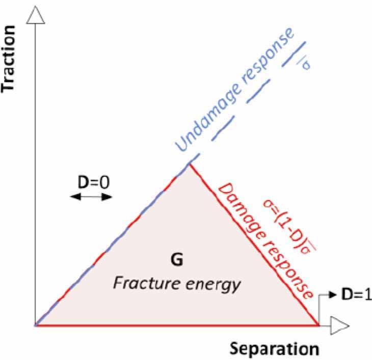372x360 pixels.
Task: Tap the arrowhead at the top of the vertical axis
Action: coord(35,14)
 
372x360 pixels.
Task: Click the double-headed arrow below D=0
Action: coord(90,197)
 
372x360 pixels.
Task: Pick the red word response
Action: coord(288,264)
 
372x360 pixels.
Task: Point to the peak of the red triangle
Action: coord(190,163)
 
